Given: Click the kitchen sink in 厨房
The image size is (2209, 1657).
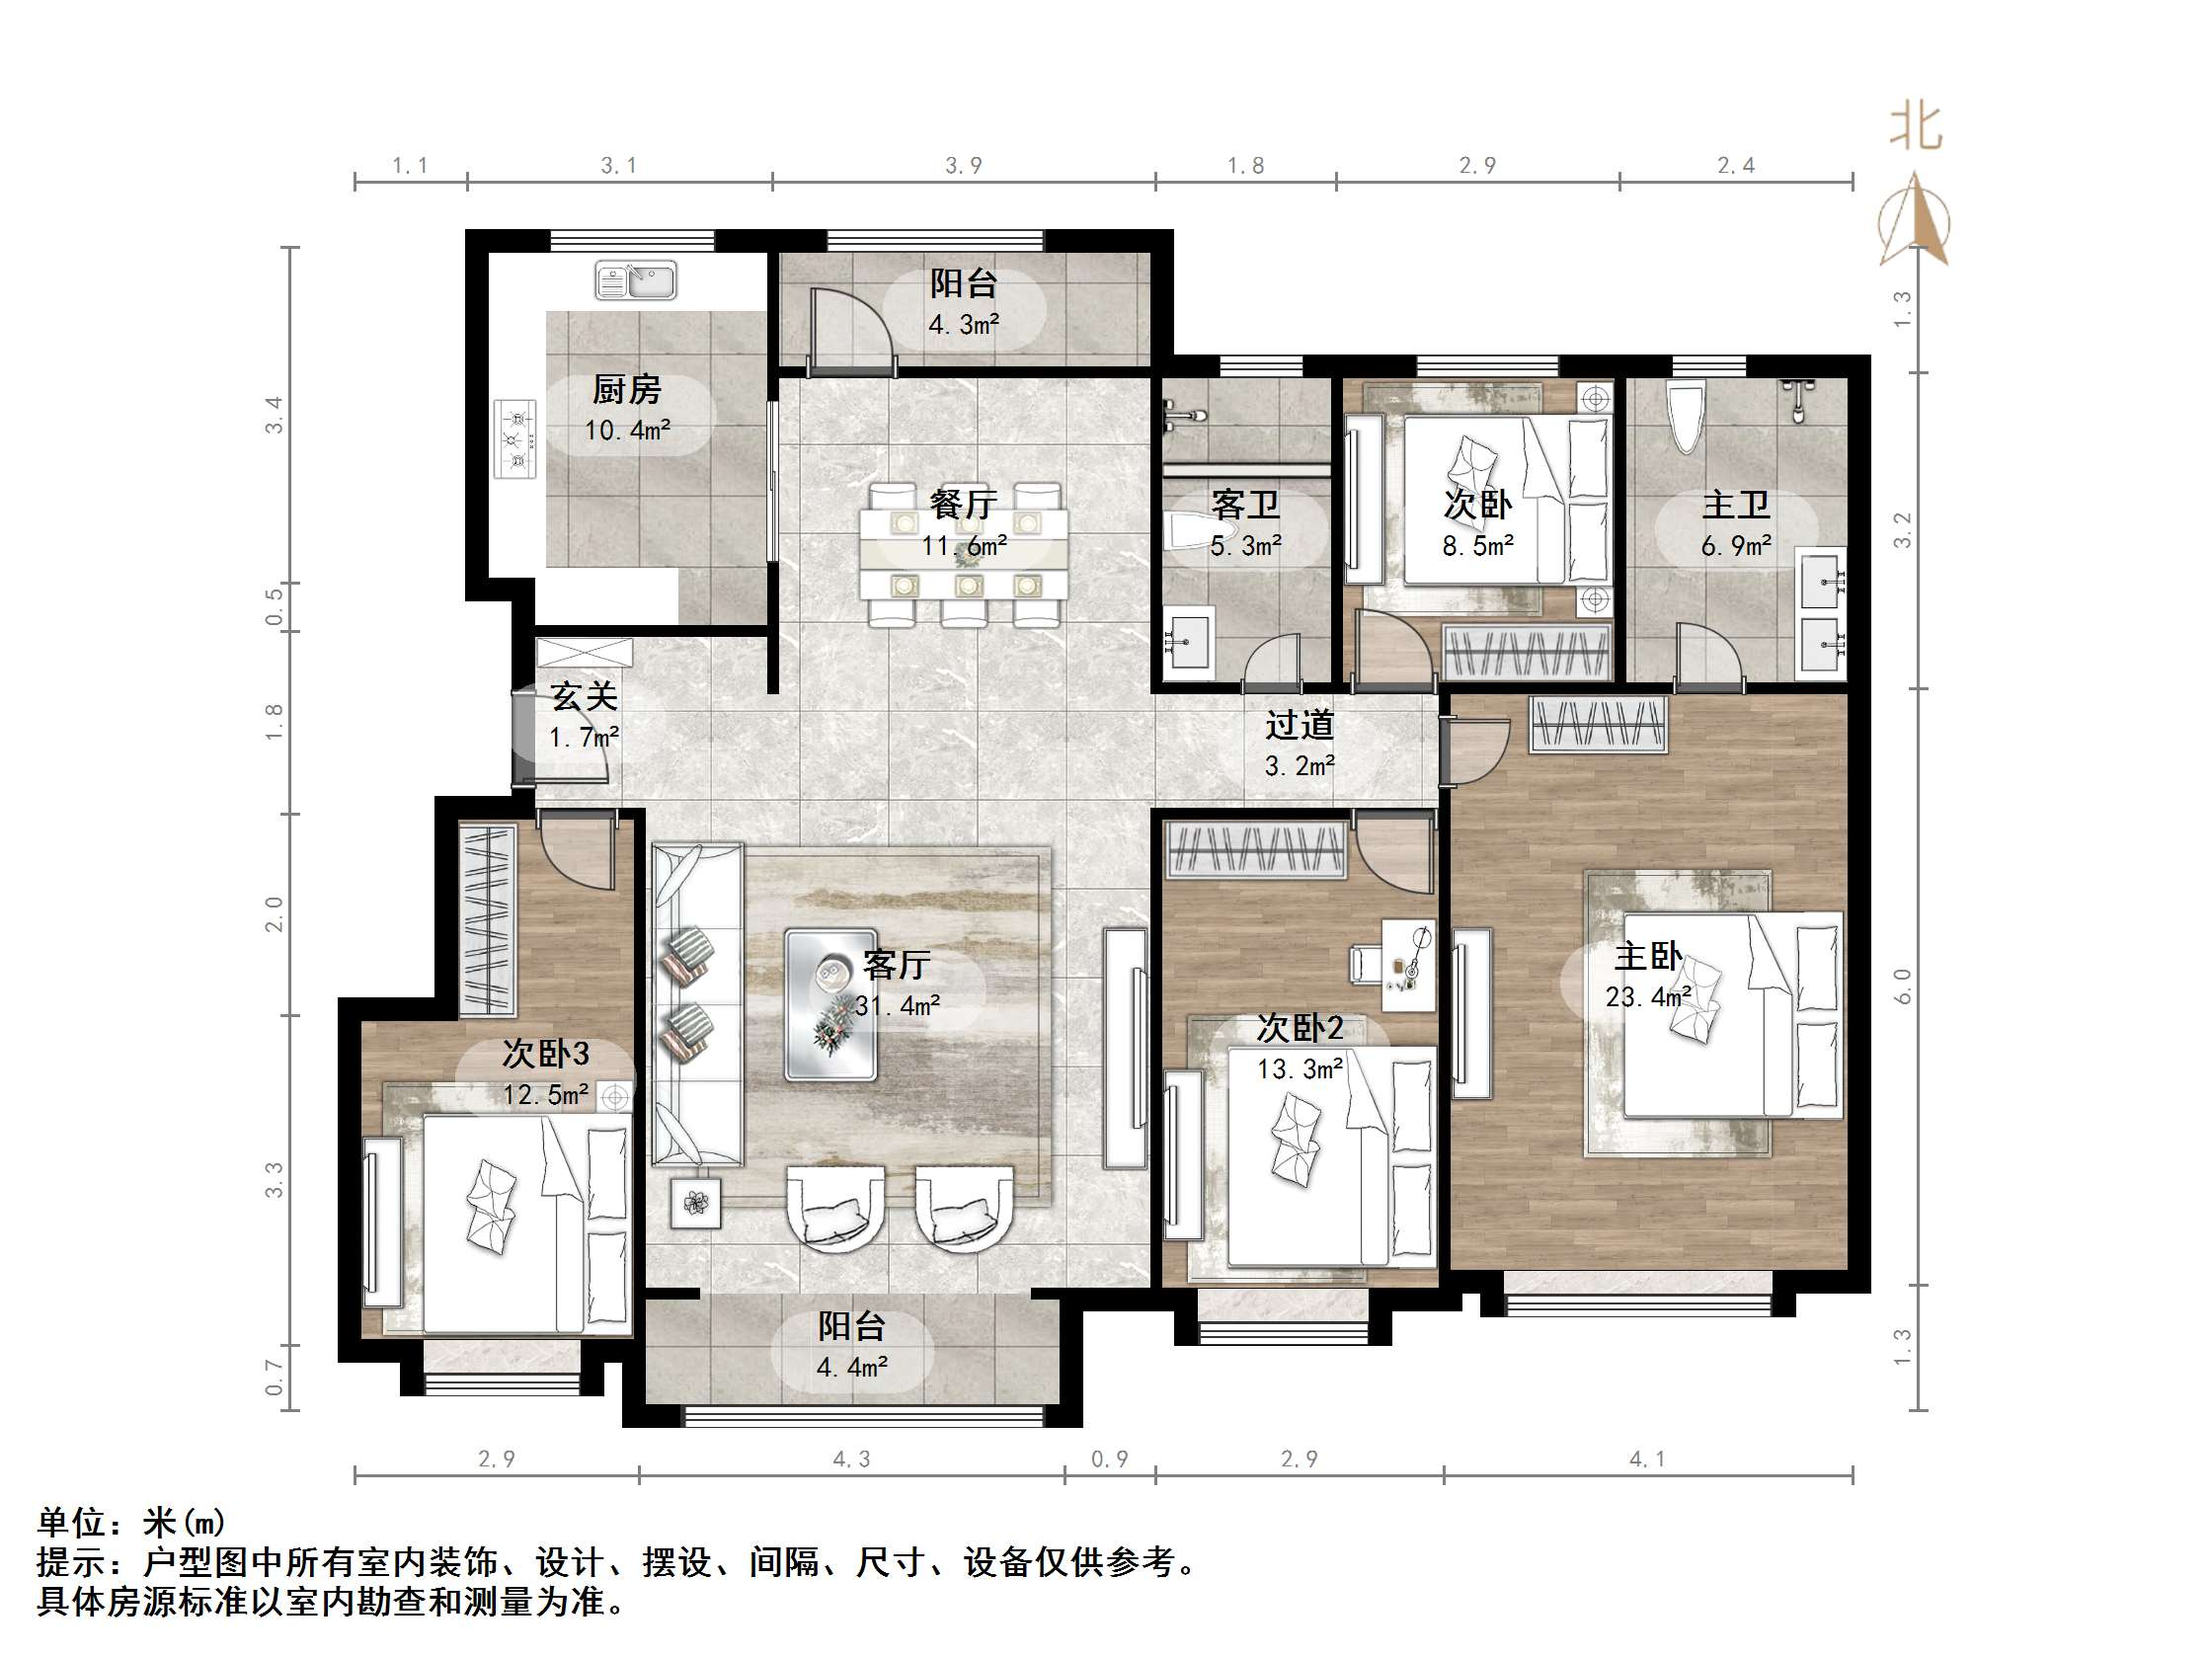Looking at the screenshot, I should (636, 280).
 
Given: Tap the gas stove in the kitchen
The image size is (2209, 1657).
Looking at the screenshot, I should (515, 437).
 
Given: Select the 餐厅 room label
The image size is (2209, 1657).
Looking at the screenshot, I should (963, 504).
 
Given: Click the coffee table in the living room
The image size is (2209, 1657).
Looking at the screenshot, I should (829, 1005).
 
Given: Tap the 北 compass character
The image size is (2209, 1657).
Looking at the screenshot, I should (1915, 127).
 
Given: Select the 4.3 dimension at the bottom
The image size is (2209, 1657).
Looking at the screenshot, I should (852, 1460).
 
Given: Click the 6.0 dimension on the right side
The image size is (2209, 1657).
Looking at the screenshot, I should (1902, 986).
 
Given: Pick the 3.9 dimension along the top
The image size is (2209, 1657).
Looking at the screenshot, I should (964, 166).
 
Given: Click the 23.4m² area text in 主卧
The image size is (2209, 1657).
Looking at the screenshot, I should (1648, 996).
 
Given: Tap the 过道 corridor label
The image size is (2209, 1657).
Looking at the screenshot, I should (1300, 725).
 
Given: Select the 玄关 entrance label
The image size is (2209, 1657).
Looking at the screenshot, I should (585, 696).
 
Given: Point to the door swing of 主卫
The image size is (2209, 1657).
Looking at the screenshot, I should (1709, 655).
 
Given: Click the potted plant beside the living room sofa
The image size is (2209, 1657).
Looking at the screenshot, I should (696, 1203).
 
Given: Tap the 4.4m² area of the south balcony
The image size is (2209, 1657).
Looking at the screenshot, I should (852, 1368).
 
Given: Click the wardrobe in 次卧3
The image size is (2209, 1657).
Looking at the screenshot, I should (488, 919).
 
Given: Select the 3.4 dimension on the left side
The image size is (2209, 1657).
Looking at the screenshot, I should (274, 415).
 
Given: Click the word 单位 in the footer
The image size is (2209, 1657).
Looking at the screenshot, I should (72, 1522).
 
